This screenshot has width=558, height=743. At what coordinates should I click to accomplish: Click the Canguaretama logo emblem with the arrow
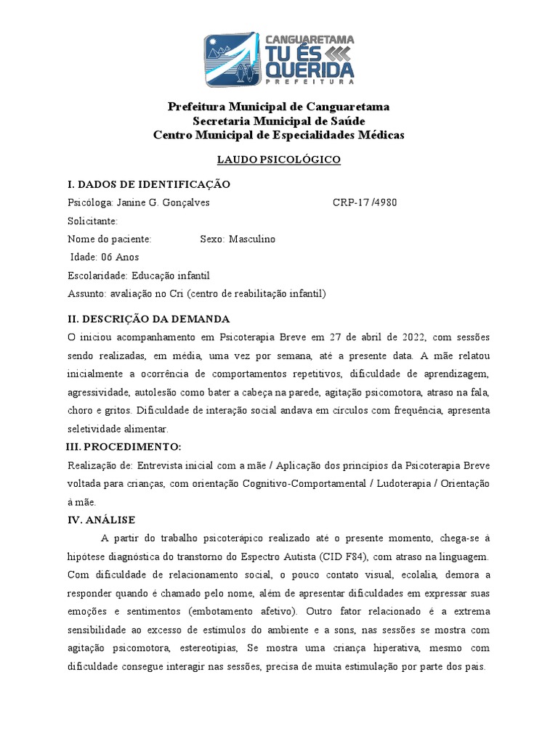230,59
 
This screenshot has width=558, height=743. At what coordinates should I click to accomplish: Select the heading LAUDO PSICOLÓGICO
279,160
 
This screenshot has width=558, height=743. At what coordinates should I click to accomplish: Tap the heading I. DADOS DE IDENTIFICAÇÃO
149,184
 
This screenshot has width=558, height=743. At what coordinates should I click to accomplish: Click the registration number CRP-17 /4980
365,202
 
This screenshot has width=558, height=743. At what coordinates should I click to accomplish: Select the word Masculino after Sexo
253,239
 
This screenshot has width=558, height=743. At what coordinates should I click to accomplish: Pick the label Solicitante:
92,221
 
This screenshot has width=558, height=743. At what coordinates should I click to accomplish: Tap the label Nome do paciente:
110,239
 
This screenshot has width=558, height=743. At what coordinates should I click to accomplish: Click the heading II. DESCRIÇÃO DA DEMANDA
149,319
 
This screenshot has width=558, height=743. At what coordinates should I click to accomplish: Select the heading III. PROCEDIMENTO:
124,446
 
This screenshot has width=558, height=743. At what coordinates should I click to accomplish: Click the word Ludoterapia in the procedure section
404,483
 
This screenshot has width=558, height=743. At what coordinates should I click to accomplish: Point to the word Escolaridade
97,275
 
